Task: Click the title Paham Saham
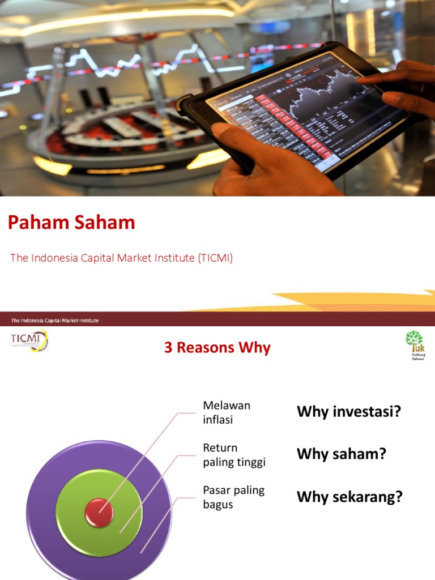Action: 71,223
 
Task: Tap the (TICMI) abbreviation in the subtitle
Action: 215,258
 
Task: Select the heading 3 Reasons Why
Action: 217,348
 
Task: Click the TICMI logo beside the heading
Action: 29,340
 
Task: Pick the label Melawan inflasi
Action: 227,412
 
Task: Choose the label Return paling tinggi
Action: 234,455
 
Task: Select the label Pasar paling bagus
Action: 233,497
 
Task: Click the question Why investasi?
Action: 348,412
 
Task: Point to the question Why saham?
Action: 341,454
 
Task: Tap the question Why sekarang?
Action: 349,497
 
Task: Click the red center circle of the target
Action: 99,512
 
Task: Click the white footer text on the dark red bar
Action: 55,321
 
